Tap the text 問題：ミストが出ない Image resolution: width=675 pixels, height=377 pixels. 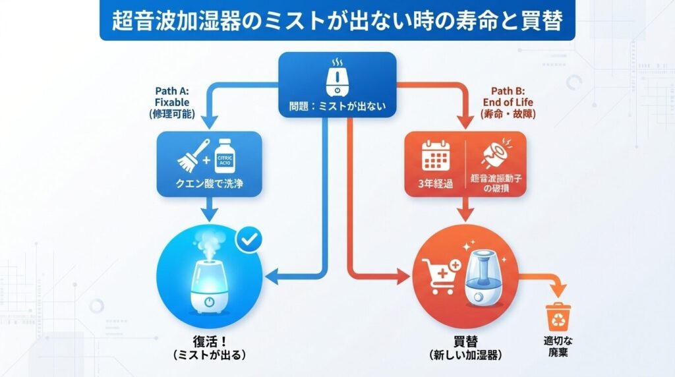tap(337, 105)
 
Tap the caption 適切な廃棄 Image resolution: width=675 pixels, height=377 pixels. tap(557, 347)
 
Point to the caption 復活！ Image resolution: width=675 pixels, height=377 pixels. tap(208, 342)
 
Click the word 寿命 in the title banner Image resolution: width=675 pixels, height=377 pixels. tap(470, 22)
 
